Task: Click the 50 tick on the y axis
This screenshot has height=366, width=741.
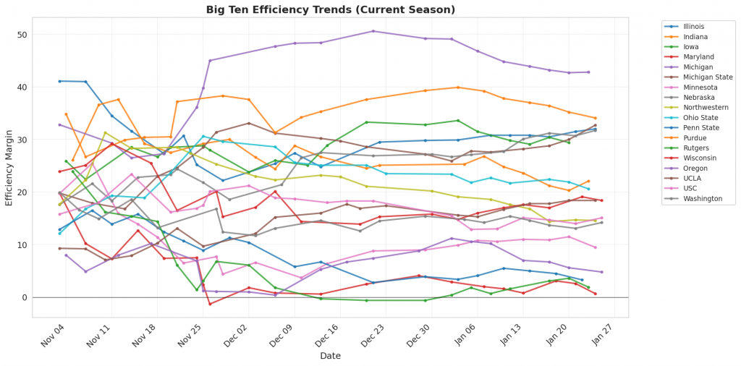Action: tap(23, 35)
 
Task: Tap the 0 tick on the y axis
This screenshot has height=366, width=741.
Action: tap(25, 297)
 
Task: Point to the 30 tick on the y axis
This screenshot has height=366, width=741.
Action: tap(23, 140)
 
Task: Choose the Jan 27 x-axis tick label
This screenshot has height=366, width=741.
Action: tap(603, 334)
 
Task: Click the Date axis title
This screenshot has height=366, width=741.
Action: tap(330, 356)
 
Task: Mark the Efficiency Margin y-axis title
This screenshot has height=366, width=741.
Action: tap(9, 166)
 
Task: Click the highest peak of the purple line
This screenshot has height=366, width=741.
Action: tap(373, 31)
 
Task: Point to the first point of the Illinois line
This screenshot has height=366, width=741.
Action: tap(59, 81)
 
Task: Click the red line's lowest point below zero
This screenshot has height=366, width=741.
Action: tap(210, 304)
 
